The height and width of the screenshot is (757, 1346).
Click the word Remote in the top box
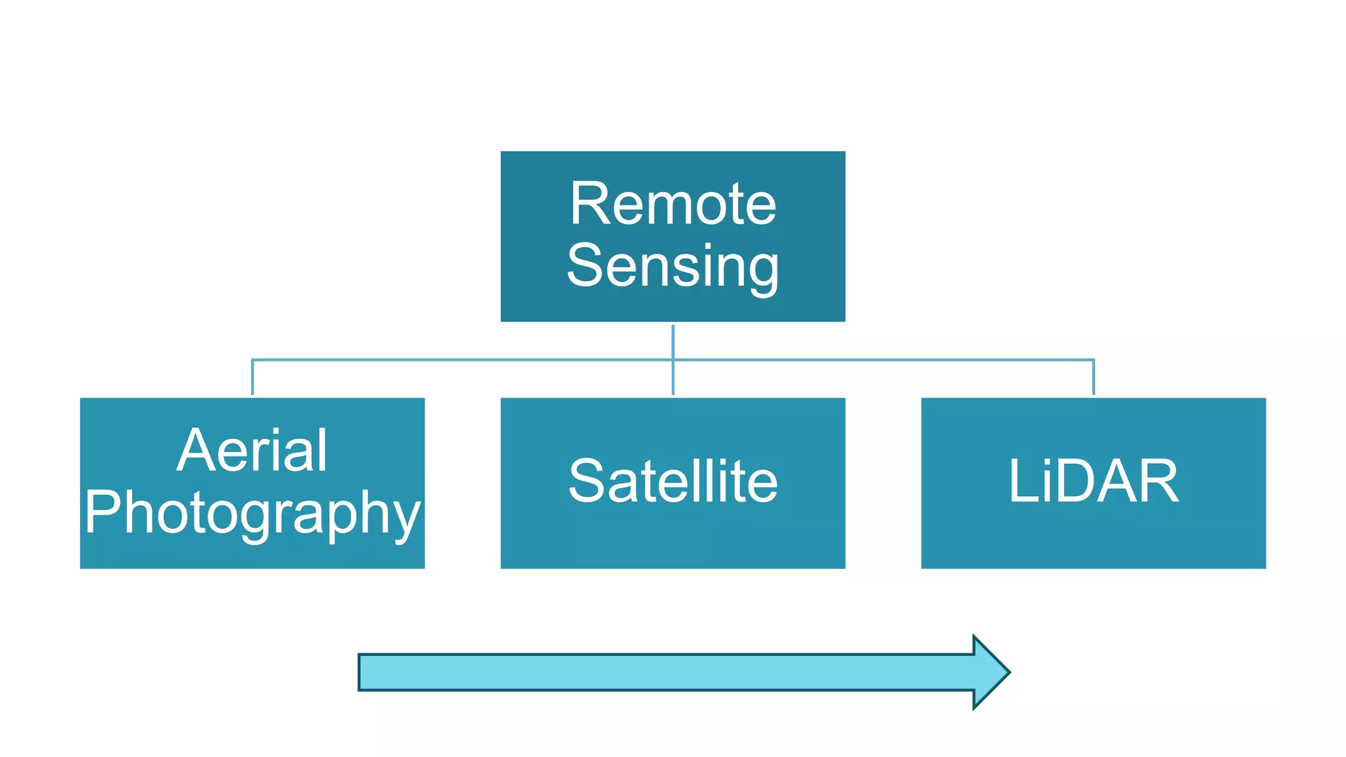(x=673, y=204)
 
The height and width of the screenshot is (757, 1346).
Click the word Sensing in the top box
(x=673, y=266)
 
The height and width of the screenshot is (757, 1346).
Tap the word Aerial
(x=252, y=451)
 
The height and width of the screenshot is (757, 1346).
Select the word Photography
(x=252, y=513)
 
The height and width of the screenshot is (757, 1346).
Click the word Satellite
(x=673, y=482)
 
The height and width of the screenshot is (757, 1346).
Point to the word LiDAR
(x=1094, y=482)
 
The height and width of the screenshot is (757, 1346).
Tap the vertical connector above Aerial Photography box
(x=252, y=377)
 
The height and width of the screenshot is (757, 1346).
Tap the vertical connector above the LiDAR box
(x=1094, y=377)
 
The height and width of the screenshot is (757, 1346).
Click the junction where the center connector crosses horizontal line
(x=673, y=359)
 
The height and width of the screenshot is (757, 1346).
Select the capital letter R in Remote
(x=588, y=204)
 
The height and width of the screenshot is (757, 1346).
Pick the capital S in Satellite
(x=586, y=482)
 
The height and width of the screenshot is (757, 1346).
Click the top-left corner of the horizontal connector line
(x=252, y=359)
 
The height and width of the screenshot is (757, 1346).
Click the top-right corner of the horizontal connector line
(x=1094, y=359)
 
